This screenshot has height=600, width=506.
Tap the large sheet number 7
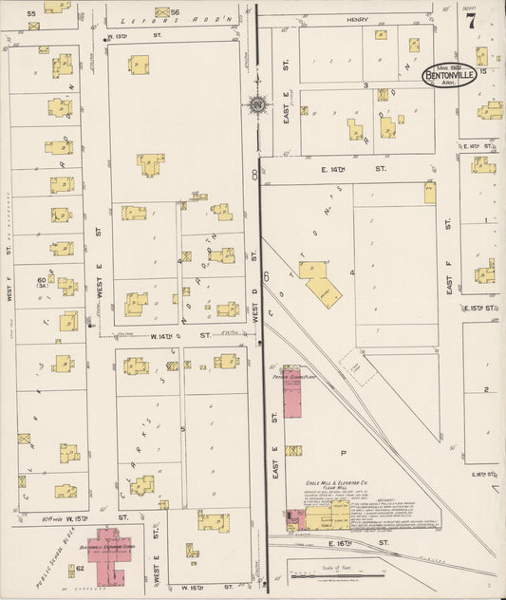point(470,21)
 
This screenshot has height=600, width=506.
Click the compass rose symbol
point(257,105)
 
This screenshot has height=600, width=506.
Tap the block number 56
point(176,11)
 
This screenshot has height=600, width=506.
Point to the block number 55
point(31,13)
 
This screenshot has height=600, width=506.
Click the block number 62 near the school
point(81,568)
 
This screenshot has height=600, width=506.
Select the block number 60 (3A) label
point(42,282)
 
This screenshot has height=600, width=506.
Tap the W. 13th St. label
point(119,36)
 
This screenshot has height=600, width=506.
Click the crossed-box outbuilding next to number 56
point(161,12)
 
